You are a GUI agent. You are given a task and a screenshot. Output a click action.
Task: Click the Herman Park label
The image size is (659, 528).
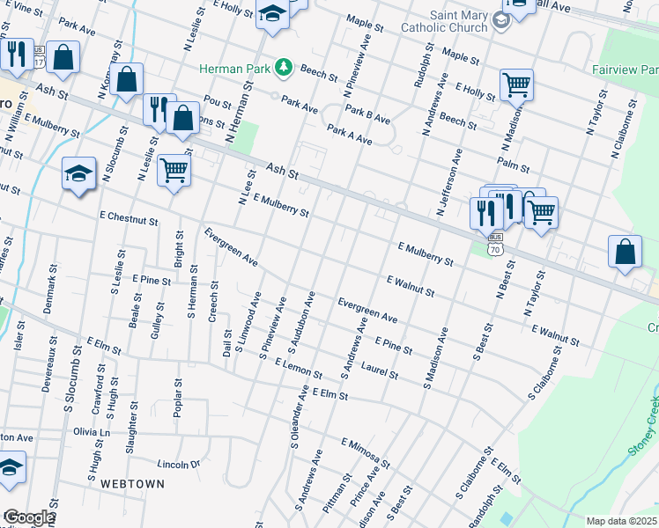click(235, 68)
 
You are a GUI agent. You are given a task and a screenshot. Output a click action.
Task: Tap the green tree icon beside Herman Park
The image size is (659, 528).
click(284, 66)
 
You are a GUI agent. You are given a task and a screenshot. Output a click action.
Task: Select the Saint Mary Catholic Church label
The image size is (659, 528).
click(458, 21)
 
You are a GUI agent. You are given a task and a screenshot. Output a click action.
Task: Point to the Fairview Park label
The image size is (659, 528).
click(621, 67)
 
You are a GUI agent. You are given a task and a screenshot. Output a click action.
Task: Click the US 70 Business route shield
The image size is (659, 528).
click(495, 243)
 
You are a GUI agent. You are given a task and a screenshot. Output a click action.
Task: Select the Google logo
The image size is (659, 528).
click(28, 517)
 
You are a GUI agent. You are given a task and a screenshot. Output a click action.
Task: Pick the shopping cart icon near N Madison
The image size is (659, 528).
click(516, 85)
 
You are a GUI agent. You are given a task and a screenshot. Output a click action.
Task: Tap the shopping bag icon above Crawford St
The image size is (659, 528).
click(128, 79)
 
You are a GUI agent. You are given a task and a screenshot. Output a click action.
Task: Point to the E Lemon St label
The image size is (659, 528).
click(298, 368)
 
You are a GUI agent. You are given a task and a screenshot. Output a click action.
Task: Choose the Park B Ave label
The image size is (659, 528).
click(367, 114)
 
